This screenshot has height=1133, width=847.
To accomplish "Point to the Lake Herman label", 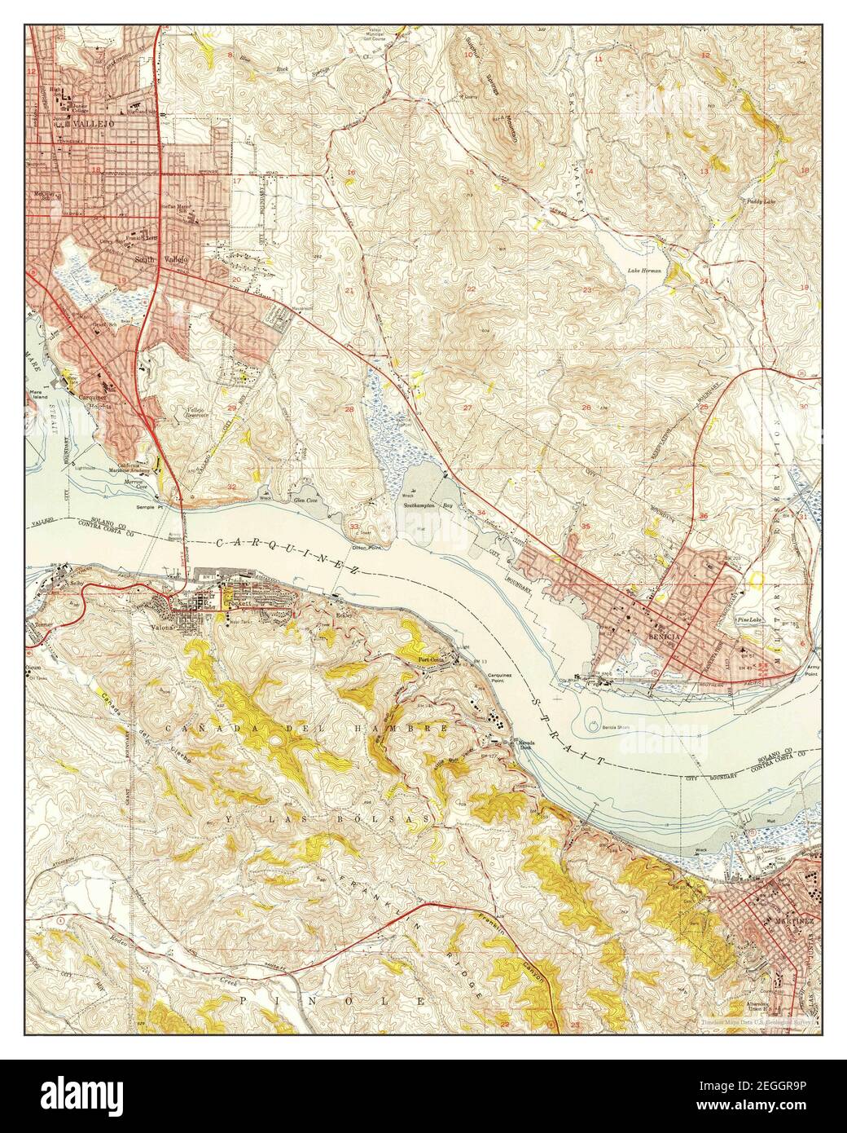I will pos(643,270).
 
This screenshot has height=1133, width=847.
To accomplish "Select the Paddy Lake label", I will pos(757,200).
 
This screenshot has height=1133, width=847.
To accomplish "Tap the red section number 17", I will pos(237,181).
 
